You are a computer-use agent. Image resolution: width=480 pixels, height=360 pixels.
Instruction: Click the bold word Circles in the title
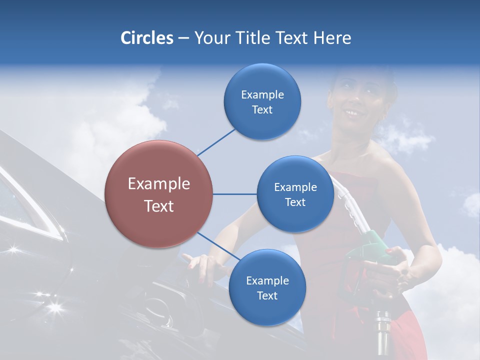pos(147,38)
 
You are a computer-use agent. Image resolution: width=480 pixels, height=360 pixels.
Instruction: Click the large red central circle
pos(158,194)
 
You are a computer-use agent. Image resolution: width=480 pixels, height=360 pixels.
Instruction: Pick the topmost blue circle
pos(262,101)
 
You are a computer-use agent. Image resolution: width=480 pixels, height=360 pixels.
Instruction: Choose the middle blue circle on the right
pos(295,194)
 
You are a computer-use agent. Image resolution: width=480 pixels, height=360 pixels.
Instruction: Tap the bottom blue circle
pos(267,287)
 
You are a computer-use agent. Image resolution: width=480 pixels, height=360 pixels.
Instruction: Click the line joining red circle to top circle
pos(216,141)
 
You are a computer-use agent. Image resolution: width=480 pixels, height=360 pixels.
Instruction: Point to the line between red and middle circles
pos(234,194)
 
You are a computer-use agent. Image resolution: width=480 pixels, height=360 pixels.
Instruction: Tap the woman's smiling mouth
pos(353,113)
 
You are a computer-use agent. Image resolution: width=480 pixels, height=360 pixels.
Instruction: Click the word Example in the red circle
pos(158,184)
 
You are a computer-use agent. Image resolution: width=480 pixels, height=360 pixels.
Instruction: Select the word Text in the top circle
pos(262,109)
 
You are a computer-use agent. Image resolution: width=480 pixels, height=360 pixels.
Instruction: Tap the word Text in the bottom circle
pos(267,295)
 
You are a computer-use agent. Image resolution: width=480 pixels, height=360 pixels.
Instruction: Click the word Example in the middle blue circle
pos(295,187)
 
